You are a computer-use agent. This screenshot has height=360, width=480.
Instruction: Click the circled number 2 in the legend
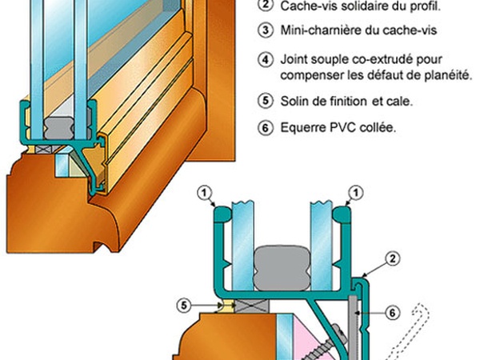265,6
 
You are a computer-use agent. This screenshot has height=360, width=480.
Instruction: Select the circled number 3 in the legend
265,32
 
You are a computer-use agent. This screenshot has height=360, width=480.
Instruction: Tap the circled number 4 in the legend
265,60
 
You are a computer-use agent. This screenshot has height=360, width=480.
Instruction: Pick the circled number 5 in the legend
265,101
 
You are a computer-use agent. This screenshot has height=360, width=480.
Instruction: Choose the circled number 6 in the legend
265,127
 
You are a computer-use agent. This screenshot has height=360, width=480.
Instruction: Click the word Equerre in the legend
302,127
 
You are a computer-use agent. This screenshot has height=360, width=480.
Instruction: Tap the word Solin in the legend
295,101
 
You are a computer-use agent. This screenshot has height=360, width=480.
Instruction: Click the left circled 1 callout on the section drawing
206,192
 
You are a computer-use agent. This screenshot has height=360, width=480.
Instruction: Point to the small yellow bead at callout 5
222,306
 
